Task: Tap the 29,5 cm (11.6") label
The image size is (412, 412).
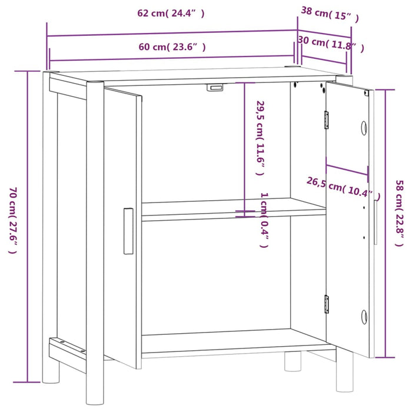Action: pyautogui.click(x=260, y=138)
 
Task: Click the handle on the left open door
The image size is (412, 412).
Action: pyautogui.click(x=128, y=231)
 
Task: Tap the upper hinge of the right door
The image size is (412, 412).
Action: pyautogui.click(x=326, y=120)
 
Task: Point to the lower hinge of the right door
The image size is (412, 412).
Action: pyautogui.click(x=326, y=304)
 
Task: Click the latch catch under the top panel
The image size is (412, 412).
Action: pyautogui.click(x=215, y=88)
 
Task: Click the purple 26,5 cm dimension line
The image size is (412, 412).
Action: pyautogui.click(x=347, y=169)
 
